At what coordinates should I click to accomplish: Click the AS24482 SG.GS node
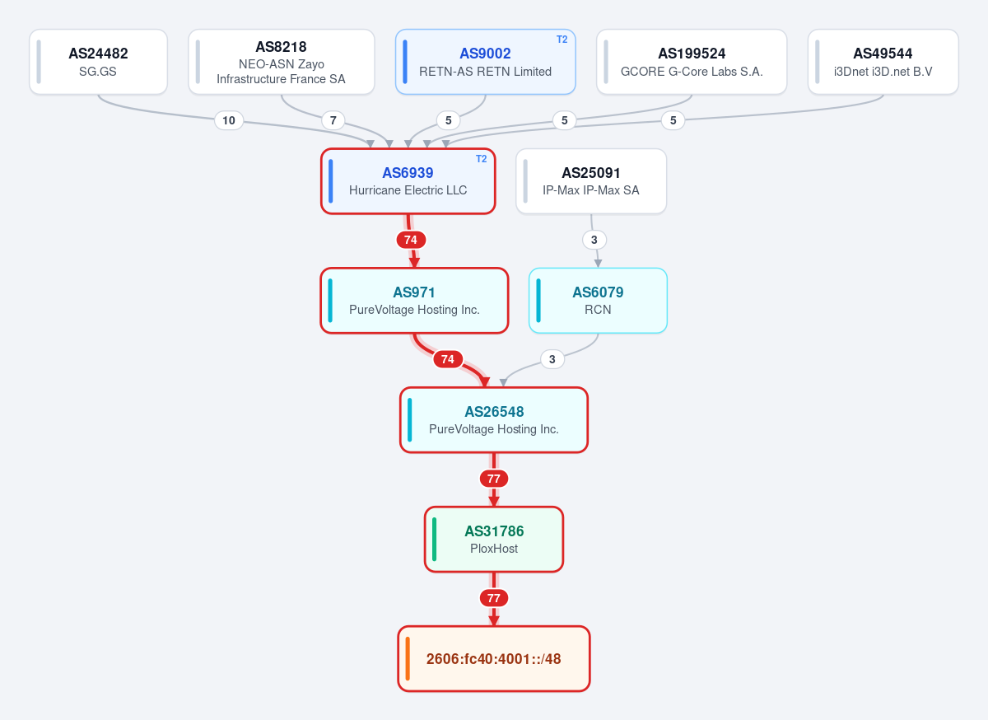pyautogui.click(x=98, y=62)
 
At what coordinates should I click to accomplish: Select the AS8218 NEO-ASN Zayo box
pyautogui.click(x=282, y=62)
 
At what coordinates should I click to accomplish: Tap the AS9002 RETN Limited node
pyautogui.click(x=485, y=62)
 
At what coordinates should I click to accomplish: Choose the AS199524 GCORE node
pyautogui.click(x=692, y=62)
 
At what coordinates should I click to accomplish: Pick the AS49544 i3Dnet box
pyautogui.click(x=883, y=62)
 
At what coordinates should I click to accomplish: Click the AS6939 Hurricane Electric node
pyautogui.click(x=408, y=181)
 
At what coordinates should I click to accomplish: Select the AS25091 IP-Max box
pyautogui.click(x=591, y=181)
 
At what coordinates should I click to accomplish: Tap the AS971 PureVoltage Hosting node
pyautogui.click(x=414, y=301)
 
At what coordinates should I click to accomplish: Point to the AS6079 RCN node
pyautogui.click(x=598, y=301)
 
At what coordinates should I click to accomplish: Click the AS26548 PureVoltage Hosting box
pyautogui.click(x=494, y=420)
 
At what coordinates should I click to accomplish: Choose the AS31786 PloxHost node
pyautogui.click(x=494, y=540)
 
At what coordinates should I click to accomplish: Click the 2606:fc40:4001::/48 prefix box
pyautogui.click(x=494, y=659)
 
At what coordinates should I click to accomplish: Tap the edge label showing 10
pyautogui.click(x=229, y=120)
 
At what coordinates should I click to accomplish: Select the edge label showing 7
pyautogui.click(x=333, y=120)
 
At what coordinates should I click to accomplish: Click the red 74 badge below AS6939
pyautogui.click(x=411, y=240)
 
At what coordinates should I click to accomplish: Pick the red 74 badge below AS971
pyautogui.click(x=448, y=359)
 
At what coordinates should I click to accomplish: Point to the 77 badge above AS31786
pyautogui.click(x=494, y=479)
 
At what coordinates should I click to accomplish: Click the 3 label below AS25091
pyautogui.click(x=594, y=240)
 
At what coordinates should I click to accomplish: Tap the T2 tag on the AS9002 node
pyautogui.click(x=562, y=40)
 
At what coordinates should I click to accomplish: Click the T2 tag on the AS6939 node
pyautogui.click(x=481, y=159)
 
